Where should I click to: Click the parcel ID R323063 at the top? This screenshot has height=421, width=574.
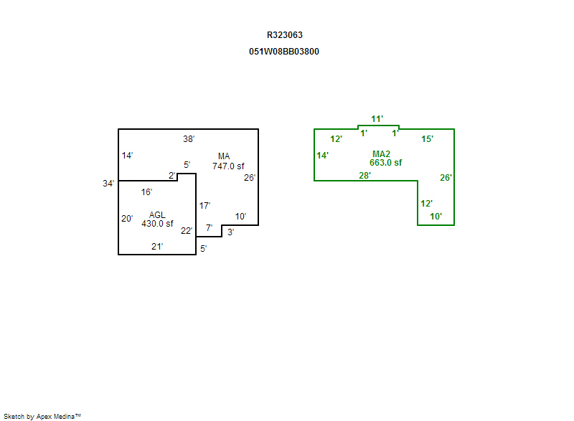click(x=289, y=34)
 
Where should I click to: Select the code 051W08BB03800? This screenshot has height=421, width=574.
click(x=289, y=52)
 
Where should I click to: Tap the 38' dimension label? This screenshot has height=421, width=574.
click(x=189, y=138)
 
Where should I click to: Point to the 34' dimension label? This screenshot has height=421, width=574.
click(x=108, y=184)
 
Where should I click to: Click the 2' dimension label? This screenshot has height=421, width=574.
click(x=172, y=176)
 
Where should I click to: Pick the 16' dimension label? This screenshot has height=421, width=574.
click(x=146, y=192)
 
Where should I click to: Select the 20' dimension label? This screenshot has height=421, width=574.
click(x=127, y=219)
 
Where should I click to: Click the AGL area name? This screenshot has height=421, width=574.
click(x=157, y=214)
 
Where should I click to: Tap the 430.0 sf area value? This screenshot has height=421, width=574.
click(x=157, y=224)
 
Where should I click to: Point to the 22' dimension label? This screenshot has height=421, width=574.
click(x=186, y=231)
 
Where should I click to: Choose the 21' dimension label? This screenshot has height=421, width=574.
click(x=157, y=247)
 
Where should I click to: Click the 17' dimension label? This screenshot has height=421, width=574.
click(x=204, y=205)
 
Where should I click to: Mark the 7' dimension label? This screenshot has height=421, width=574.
click(x=209, y=228)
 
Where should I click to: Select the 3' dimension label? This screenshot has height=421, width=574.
click(x=230, y=232)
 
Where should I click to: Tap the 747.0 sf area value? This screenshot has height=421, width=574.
click(x=228, y=166)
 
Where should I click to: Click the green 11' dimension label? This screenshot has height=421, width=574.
click(x=377, y=119)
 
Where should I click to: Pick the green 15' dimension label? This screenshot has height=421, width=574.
click(x=427, y=139)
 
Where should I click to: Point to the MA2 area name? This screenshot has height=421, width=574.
click(x=381, y=153)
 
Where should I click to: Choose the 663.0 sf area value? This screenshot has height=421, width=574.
click(x=381, y=163)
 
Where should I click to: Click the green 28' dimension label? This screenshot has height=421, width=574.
click(x=364, y=176)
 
